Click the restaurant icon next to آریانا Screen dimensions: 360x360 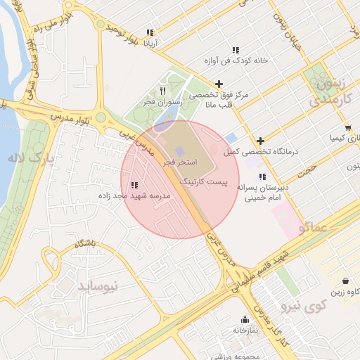pyautogui.click(x=149, y=32)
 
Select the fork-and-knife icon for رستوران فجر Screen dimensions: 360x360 pyautogui.click(x=162, y=91)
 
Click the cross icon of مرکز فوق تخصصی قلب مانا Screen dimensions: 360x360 pyautogui.click(x=219, y=84)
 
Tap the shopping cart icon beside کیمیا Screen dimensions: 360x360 pyautogui.click(x=347, y=127)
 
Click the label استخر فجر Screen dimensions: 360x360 pyautogui.click(x=179, y=162)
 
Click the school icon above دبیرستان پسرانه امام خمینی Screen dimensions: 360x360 pyautogui.click(x=262, y=176)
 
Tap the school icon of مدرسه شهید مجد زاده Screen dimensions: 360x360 pyautogui.click(x=134, y=185)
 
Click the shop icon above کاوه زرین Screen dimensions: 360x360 pyautogui.click(x=345, y=280)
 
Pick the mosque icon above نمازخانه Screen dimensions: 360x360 pyautogui.click(x=245, y=319)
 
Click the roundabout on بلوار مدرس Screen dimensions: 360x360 pyautogui.click(x=101, y=117)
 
